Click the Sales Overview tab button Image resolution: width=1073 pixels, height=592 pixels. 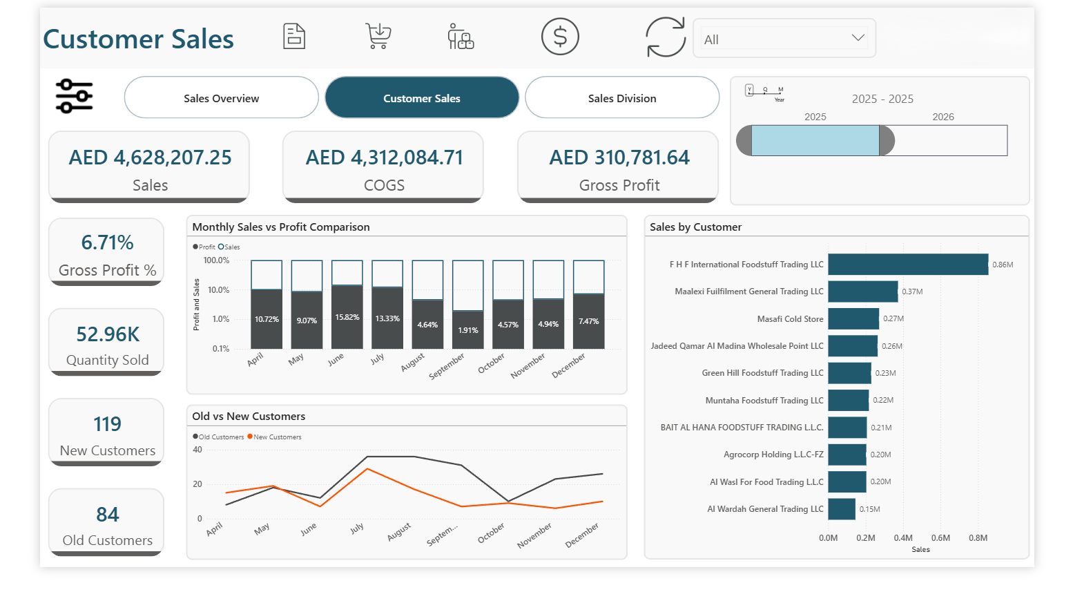(221, 98)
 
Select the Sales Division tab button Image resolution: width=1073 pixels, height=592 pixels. (621, 98)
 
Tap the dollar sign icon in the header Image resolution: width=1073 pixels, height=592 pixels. (560, 37)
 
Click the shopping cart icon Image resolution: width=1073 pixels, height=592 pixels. (378, 36)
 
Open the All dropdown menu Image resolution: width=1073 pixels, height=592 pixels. (784, 39)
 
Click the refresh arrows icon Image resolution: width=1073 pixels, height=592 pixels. (665, 37)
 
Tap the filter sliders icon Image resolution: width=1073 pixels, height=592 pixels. (75, 96)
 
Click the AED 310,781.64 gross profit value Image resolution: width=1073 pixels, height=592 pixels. (619, 158)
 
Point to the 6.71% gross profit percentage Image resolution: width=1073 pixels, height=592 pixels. (107, 242)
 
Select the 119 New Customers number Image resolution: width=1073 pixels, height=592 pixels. (107, 423)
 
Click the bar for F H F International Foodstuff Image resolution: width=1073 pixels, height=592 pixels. (907, 265)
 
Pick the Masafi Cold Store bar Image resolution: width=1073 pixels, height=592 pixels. (853, 318)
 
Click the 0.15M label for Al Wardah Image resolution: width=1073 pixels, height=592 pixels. (869, 509)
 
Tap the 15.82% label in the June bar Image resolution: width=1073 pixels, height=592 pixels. (347, 317)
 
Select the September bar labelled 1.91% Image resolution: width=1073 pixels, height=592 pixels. (467, 330)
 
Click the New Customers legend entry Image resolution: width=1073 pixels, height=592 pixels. (276, 437)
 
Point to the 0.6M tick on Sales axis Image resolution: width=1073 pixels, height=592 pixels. (940, 537)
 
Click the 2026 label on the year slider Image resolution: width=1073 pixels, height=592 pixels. (942, 117)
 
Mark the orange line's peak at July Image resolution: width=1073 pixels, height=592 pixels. (367, 469)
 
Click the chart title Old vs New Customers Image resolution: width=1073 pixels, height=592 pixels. (249, 416)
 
